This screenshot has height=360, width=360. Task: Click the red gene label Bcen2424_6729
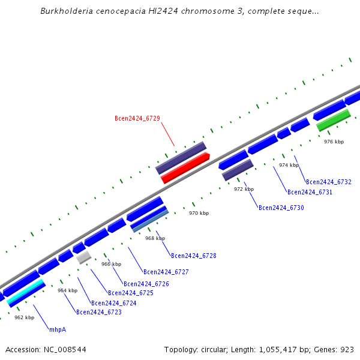tap(137, 119)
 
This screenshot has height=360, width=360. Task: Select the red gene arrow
tap(185, 167)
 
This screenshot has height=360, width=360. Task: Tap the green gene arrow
tap(333, 119)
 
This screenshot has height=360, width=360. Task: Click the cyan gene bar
tap(26, 291)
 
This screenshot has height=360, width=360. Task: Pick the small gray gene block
tap(83, 257)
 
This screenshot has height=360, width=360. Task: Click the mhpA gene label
tap(58, 330)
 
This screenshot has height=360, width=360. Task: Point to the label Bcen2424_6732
tap(328, 182)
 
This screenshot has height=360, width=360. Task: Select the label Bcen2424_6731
tap(310, 193)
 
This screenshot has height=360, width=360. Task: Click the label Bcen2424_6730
tap(281, 208)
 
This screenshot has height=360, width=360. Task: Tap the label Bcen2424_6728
tap(193, 256)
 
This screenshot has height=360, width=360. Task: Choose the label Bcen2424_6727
tap(166, 272)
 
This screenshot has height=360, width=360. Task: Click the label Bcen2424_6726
tap(146, 284)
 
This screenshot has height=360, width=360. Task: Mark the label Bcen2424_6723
tap(98, 313)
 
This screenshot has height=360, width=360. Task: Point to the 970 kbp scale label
tap(199, 213)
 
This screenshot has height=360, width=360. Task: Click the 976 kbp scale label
tap(334, 142)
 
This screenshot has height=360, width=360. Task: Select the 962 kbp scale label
tap(24, 317)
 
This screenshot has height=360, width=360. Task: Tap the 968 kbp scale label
tap(155, 238)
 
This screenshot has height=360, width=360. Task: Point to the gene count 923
tap(347, 349)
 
